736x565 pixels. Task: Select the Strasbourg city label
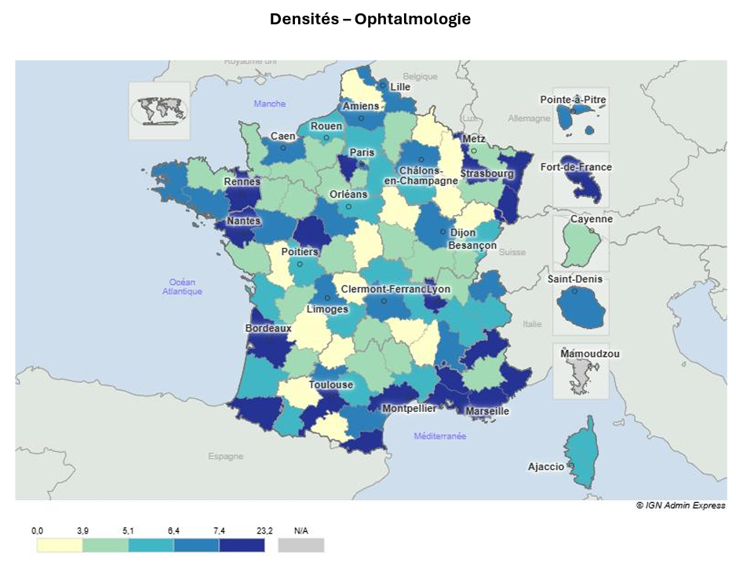click(x=486, y=173)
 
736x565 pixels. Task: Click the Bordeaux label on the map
click(x=268, y=328)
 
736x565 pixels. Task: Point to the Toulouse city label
click(x=330, y=385)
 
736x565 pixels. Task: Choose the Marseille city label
click(x=487, y=410)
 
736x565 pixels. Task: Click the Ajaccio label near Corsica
click(x=546, y=466)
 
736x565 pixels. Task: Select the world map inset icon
click(x=159, y=111)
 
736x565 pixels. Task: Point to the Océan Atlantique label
click(x=182, y=286)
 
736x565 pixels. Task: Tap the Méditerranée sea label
click(x=440, y=436)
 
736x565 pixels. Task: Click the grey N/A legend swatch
click(x=301, y=545)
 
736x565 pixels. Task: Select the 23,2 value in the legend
click(x=264, y=531)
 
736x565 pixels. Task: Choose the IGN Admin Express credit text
click(x=680, y=505)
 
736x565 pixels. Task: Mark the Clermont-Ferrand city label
click(x=382, y=289)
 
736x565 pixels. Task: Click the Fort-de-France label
click(x=576, y=167)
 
